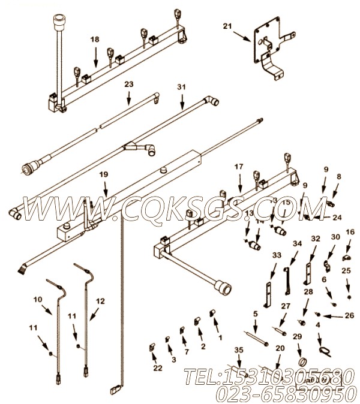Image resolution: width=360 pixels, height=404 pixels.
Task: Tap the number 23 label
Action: [128, 85]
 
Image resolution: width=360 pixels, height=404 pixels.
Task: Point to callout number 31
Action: [182, 88]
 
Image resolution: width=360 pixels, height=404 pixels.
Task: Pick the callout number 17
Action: [239, 167]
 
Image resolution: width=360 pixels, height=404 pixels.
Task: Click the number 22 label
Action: [157, 367]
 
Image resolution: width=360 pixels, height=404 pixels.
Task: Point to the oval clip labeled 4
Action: [323, 350]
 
